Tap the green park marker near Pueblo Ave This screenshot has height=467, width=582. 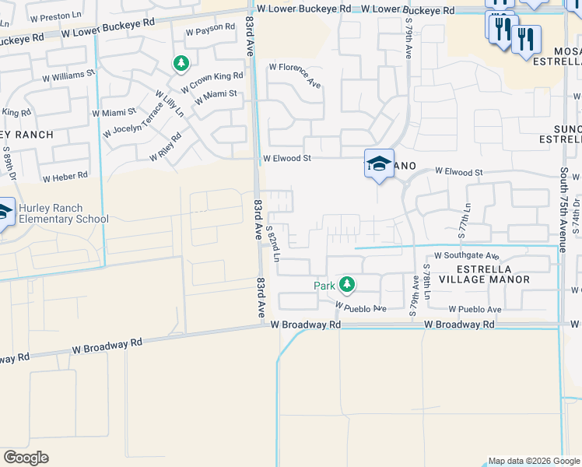(x=347, y=285)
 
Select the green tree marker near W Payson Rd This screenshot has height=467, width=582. (x=181, y=62)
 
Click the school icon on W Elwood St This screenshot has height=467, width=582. (x=379, y=163)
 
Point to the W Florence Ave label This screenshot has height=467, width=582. (x=295, y=74)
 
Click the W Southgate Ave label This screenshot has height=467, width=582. (x=467, y=255)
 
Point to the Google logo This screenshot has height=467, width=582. (x=26, y=457)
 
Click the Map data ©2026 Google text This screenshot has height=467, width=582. (x=533, y=461)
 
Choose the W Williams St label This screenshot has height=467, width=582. (x=68, y=75)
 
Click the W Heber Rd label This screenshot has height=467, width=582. (x=65, y=177)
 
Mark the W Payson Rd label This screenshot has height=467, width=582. (x=210, y=29)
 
